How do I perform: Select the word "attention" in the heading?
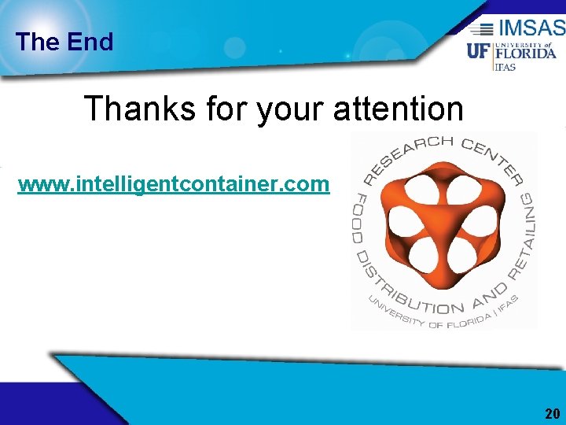click(399, 109)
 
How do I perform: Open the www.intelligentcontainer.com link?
click(174, 184)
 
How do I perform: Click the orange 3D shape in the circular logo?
click(441, 229)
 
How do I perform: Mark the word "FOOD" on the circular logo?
click(360, 213)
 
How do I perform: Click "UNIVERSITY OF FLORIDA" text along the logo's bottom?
click(428, 320)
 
